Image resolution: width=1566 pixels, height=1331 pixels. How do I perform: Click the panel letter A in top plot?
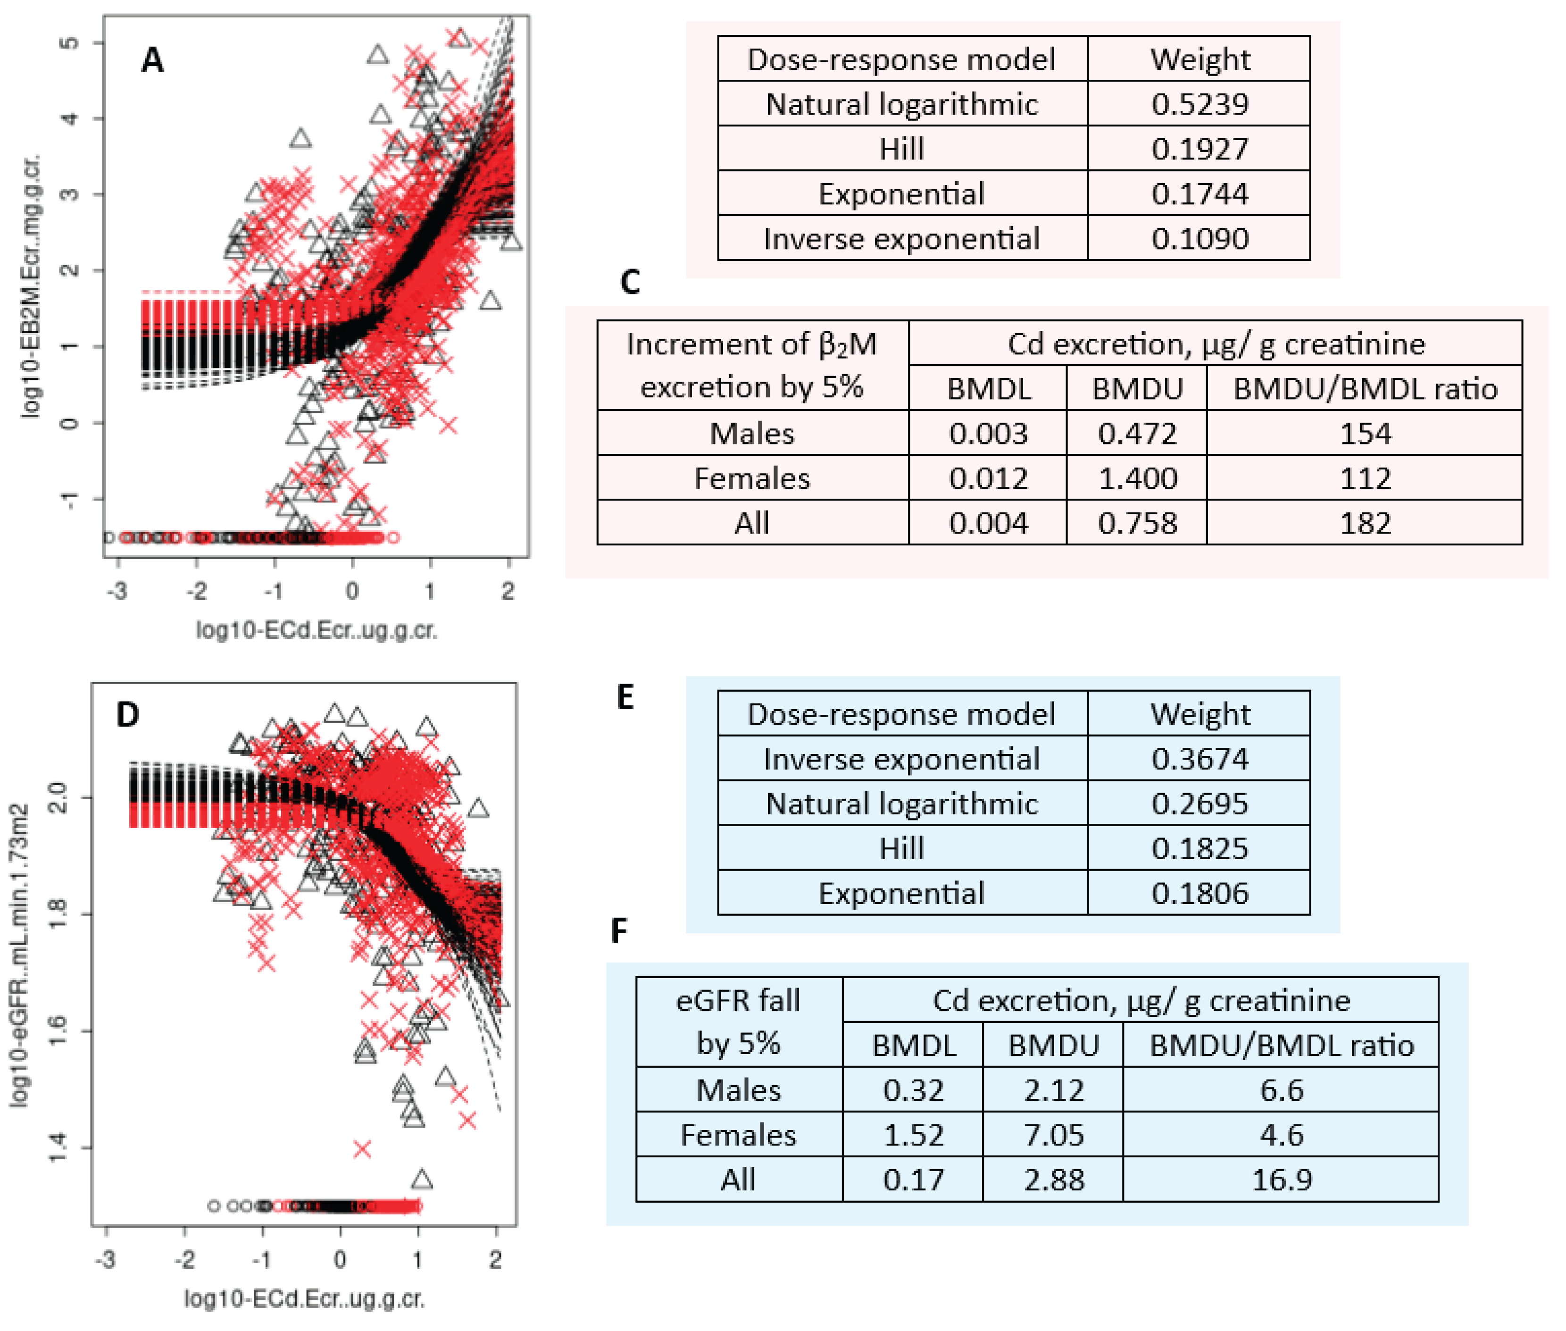coord(152,59)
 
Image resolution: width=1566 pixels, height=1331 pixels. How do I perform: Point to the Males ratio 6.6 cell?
coord(1281,1089)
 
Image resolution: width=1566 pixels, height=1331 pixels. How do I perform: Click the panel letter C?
coord(630,282)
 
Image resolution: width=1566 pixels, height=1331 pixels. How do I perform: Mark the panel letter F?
coord(618,931)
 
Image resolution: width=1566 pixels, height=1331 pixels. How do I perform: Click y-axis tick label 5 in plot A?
coord(69,42)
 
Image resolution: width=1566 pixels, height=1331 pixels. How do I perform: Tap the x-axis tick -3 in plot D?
coord(106,1258)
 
